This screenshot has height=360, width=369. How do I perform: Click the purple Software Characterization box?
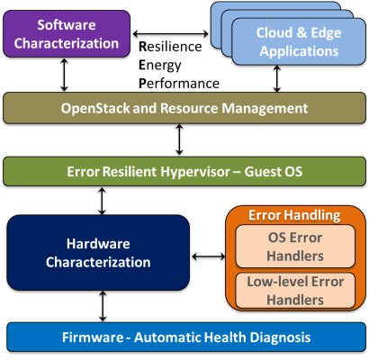coord(67,33)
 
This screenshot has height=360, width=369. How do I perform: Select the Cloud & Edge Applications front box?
coord(299,41)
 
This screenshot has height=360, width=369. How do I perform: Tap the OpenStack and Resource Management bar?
coord(184,108)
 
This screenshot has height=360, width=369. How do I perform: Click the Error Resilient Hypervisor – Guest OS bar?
coord(184,172)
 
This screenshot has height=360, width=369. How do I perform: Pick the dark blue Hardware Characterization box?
coord(98,253)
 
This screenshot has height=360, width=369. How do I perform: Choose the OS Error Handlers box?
coord(295,247)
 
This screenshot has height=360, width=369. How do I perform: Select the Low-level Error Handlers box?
coord(295,291)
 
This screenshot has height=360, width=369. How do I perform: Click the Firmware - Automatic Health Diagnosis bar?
coord(186,337)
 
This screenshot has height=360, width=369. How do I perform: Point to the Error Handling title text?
coord(294,215)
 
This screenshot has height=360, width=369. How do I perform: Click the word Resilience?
coord(170,47)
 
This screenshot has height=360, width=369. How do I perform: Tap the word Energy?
coord(160,66)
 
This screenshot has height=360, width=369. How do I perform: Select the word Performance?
coord(179,84)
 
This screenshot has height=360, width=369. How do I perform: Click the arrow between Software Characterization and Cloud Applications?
coord(170,33)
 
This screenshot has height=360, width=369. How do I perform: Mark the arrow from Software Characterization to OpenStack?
coord(64,75)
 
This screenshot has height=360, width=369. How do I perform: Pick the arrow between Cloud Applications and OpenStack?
coord(277,78)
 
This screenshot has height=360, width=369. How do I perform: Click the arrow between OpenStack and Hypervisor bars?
coord(179,139)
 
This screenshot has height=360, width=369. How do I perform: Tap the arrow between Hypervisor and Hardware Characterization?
coord(102,201)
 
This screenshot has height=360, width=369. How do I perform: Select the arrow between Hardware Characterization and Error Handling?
coord(209,256)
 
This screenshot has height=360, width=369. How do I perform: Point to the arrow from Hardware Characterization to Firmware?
coord(103,306)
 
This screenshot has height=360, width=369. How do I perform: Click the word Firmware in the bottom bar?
coord(93,337)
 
